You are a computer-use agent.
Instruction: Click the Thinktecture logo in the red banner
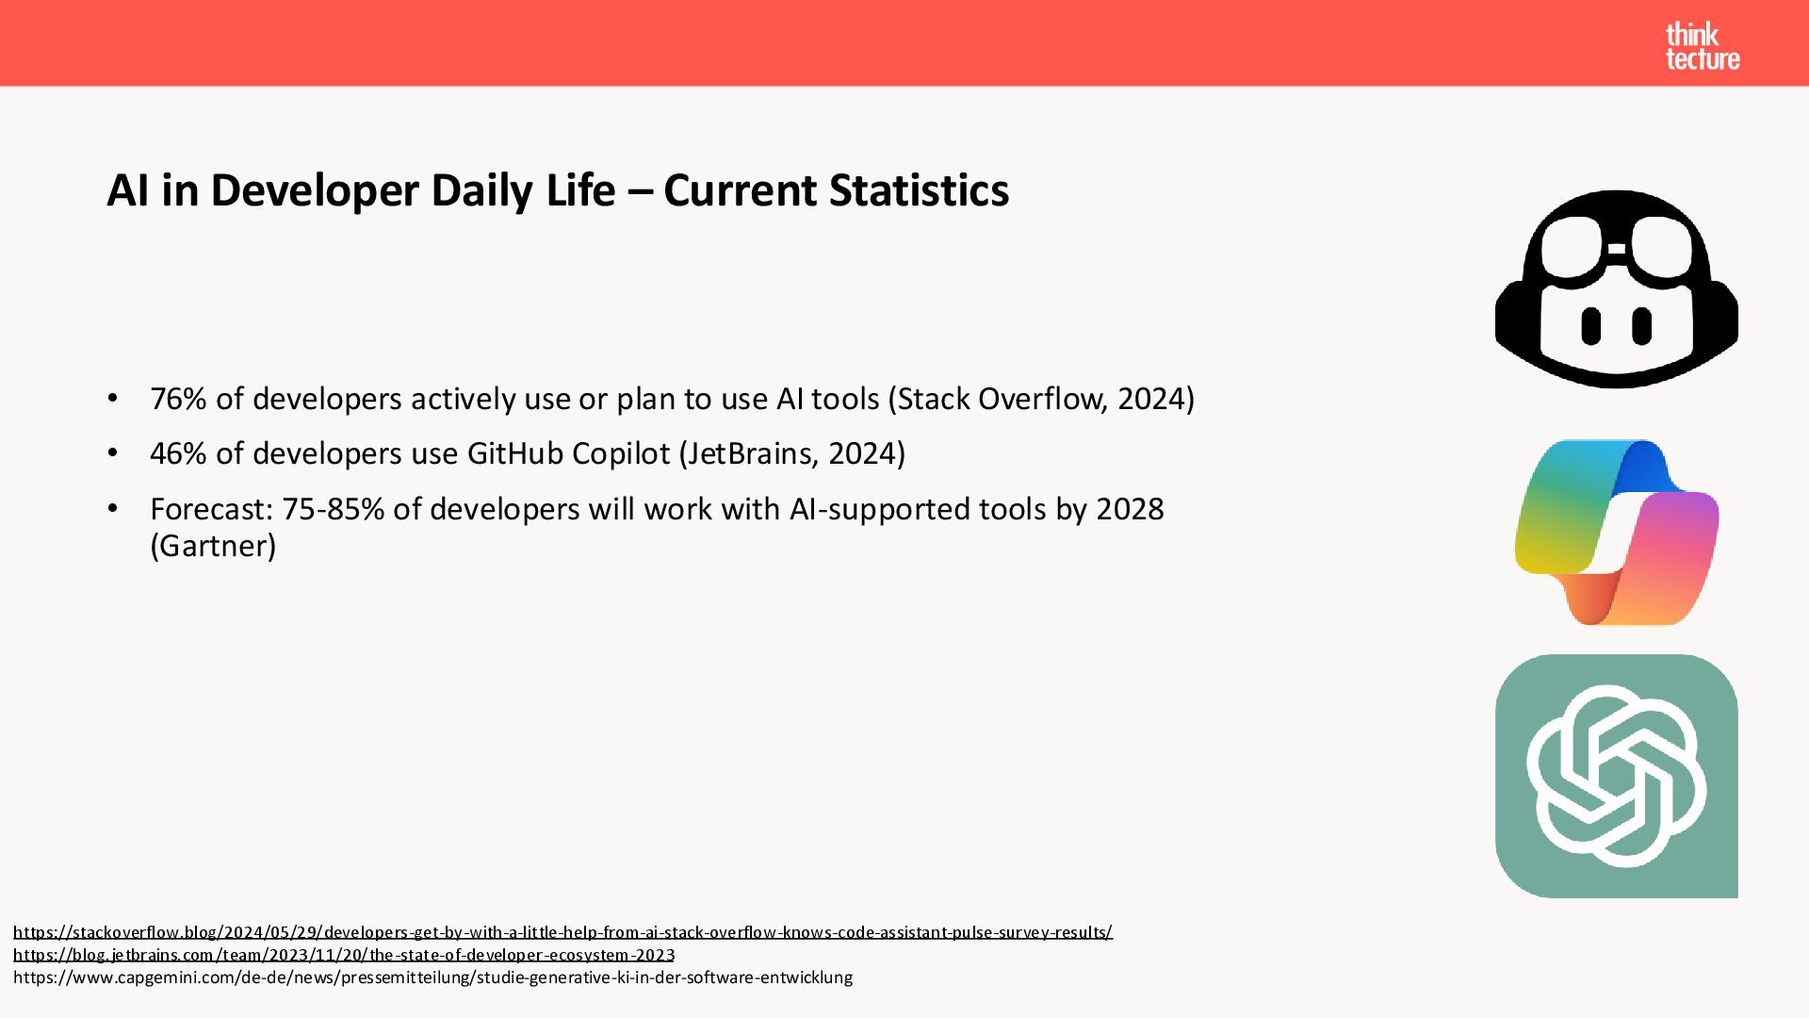pyautogui.click(x=1703, y=47)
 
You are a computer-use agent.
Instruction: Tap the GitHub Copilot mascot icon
pyautogui.click(x=1617, y=288)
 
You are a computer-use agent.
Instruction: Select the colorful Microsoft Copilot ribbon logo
pyautogui.click(x=1617, y=533)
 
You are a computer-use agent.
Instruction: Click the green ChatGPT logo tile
pyautogui.click(x=1617, y=776)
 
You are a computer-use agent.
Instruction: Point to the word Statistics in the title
pyautogui.click(x=920, y=190)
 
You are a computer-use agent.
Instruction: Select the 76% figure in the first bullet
pyautogui.click(x=178, y=399)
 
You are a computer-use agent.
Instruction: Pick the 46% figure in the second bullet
pyautogui.click(x=178, y=453)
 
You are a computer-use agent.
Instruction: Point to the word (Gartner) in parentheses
pyautogui.click(x=213, y=546)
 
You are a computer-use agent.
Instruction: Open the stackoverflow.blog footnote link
pyautogui.click(x=562, y=932)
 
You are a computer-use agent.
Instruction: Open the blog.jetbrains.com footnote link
pyautogui.click(x=344, y=955)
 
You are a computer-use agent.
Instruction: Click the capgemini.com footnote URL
pyautogui.click(x=432, y=977)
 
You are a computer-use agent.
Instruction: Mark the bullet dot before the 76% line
pyautogui.click(x=113, y=399)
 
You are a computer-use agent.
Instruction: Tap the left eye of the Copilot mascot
pyautogui.click(x=1591, y=326)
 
